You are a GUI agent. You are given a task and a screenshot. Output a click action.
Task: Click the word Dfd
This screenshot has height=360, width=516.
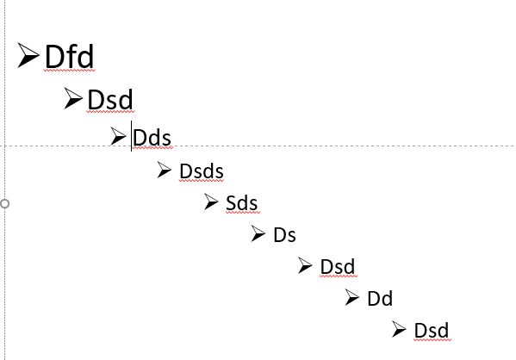(70, 57)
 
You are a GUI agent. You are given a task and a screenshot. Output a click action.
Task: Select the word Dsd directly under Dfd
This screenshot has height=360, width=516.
(110, 99)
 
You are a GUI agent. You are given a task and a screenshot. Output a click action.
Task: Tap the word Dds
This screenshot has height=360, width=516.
(152, 138)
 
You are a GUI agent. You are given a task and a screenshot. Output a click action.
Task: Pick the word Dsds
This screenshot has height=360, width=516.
(202, 171)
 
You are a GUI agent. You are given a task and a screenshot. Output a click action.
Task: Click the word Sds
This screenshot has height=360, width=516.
(241, 203)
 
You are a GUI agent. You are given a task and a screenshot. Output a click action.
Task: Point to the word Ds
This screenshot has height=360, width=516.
(284, 235)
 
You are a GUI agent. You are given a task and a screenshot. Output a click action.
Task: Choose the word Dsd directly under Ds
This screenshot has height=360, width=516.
(338, 266)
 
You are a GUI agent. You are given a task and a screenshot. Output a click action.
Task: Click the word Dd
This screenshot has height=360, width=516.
(380, 299)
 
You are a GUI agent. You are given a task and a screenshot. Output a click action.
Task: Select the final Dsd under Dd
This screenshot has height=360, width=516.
(431, 331)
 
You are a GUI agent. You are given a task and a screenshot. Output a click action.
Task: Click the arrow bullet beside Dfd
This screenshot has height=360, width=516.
(28, 55)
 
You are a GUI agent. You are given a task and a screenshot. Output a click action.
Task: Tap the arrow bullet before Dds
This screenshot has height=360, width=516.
(118, 136)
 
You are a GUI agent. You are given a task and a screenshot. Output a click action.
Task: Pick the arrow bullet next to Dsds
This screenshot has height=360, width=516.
(165, 170)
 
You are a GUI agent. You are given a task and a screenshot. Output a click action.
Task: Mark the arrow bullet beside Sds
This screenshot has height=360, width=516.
(211, 202)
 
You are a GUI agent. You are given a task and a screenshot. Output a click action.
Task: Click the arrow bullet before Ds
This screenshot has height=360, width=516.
(258, 233)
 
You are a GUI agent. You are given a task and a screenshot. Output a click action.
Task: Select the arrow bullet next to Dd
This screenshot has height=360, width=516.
(352, 297)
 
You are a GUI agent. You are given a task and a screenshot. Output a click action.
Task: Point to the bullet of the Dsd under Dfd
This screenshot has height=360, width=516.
(73, 98)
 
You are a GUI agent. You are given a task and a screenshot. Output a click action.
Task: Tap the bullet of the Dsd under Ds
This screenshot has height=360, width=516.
(305, 265)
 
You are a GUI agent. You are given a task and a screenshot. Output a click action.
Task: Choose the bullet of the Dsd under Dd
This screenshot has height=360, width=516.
(399, 329)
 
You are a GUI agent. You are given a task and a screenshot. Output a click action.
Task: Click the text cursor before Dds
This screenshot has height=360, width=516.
(131, 136)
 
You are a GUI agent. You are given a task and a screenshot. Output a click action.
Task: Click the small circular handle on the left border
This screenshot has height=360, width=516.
(4, 204)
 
